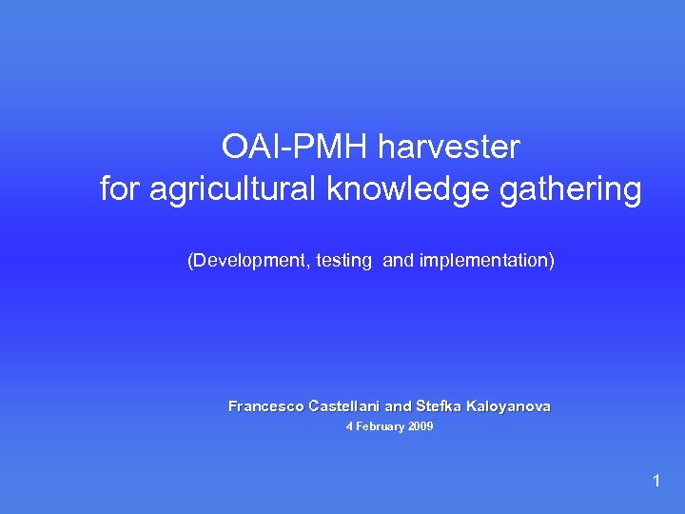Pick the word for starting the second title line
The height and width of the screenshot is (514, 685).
point(119,188)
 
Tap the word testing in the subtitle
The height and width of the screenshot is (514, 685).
point(344,260)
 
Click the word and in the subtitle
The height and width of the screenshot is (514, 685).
point(397,260)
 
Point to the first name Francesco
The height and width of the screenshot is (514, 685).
point(266,406)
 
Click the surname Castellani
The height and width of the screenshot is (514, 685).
point(344,406)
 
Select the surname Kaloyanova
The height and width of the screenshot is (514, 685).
point(508,406)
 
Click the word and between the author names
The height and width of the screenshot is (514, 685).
point(399,406)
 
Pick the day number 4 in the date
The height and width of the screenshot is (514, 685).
point(349,427)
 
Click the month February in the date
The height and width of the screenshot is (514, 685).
point(380,427)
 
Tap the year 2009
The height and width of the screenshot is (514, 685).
point(421,427)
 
